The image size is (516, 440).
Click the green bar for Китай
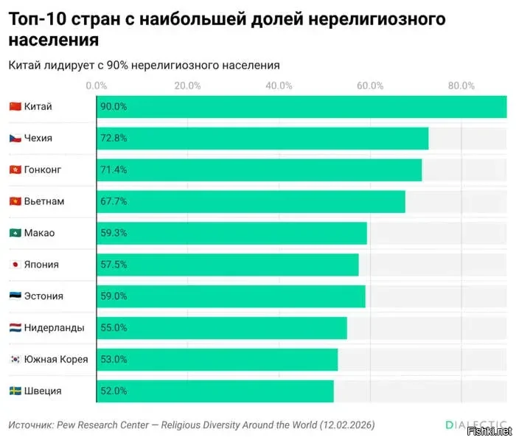(301, 107)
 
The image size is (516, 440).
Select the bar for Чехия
(262, 139)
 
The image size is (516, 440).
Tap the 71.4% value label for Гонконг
(114, 170)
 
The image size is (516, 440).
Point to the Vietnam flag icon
(15, 201)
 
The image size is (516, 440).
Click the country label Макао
(39, 233)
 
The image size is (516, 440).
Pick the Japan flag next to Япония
(15, 265)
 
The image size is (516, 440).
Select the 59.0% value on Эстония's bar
(114, 296)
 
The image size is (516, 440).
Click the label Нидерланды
(54, 328)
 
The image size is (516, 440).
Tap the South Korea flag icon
(15, 360)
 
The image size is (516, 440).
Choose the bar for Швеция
(215, 391)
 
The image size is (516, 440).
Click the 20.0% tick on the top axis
(188, 85)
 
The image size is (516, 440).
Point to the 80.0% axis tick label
(461, 85)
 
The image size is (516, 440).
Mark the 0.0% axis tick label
(97, 85)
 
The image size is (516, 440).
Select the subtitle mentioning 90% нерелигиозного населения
(144, 66)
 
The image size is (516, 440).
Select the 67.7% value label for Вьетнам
(114, 201)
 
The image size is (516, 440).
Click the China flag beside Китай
(15, 107)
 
